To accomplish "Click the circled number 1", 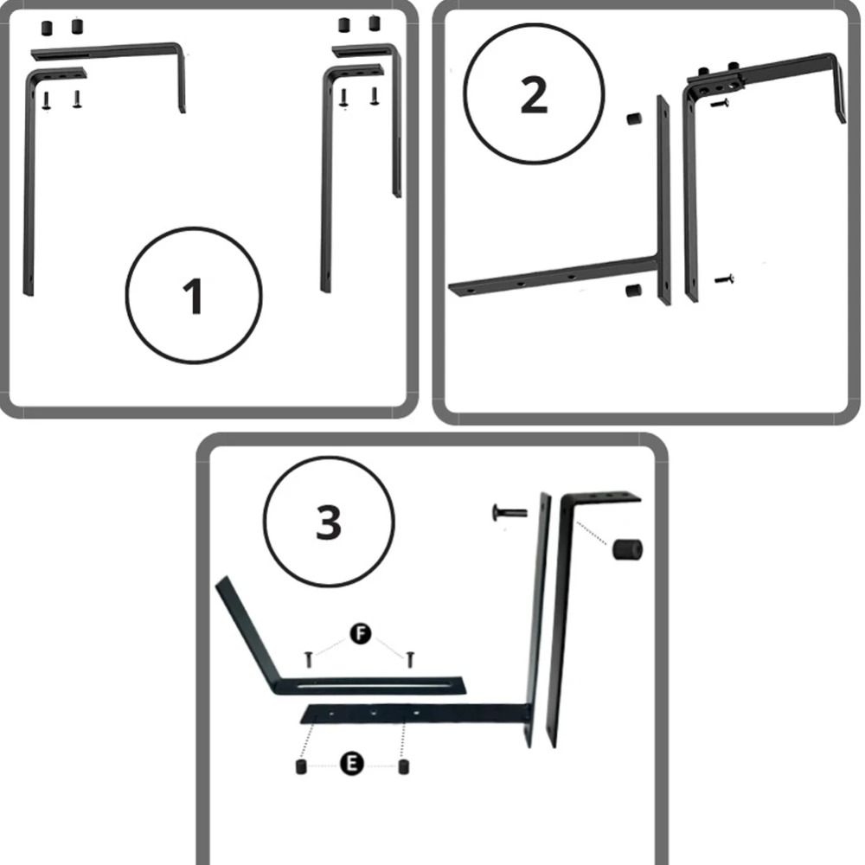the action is coord(193,295).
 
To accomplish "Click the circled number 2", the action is coord(534,93).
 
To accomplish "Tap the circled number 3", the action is coord(329,522).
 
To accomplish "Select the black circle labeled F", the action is coord(361,633).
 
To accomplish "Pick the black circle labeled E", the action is coord(351,764).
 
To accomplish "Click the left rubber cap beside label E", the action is coord(301,766).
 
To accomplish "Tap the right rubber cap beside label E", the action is coord(404,766).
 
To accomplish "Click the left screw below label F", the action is coord(309,658).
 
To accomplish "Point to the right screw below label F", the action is coord(410,658).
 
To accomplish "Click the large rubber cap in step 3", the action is coord(627,549).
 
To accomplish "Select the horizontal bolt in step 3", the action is coord(509,512).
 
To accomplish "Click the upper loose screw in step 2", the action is coord(720,103).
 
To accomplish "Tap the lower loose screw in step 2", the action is coord(724,279).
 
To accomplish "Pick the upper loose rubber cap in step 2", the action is coord(634,118).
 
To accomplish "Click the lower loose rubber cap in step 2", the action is coord(633,290).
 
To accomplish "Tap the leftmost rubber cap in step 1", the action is coord(47,28).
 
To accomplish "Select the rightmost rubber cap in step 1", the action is coord(375,23).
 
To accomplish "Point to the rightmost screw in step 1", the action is coord(375,96).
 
